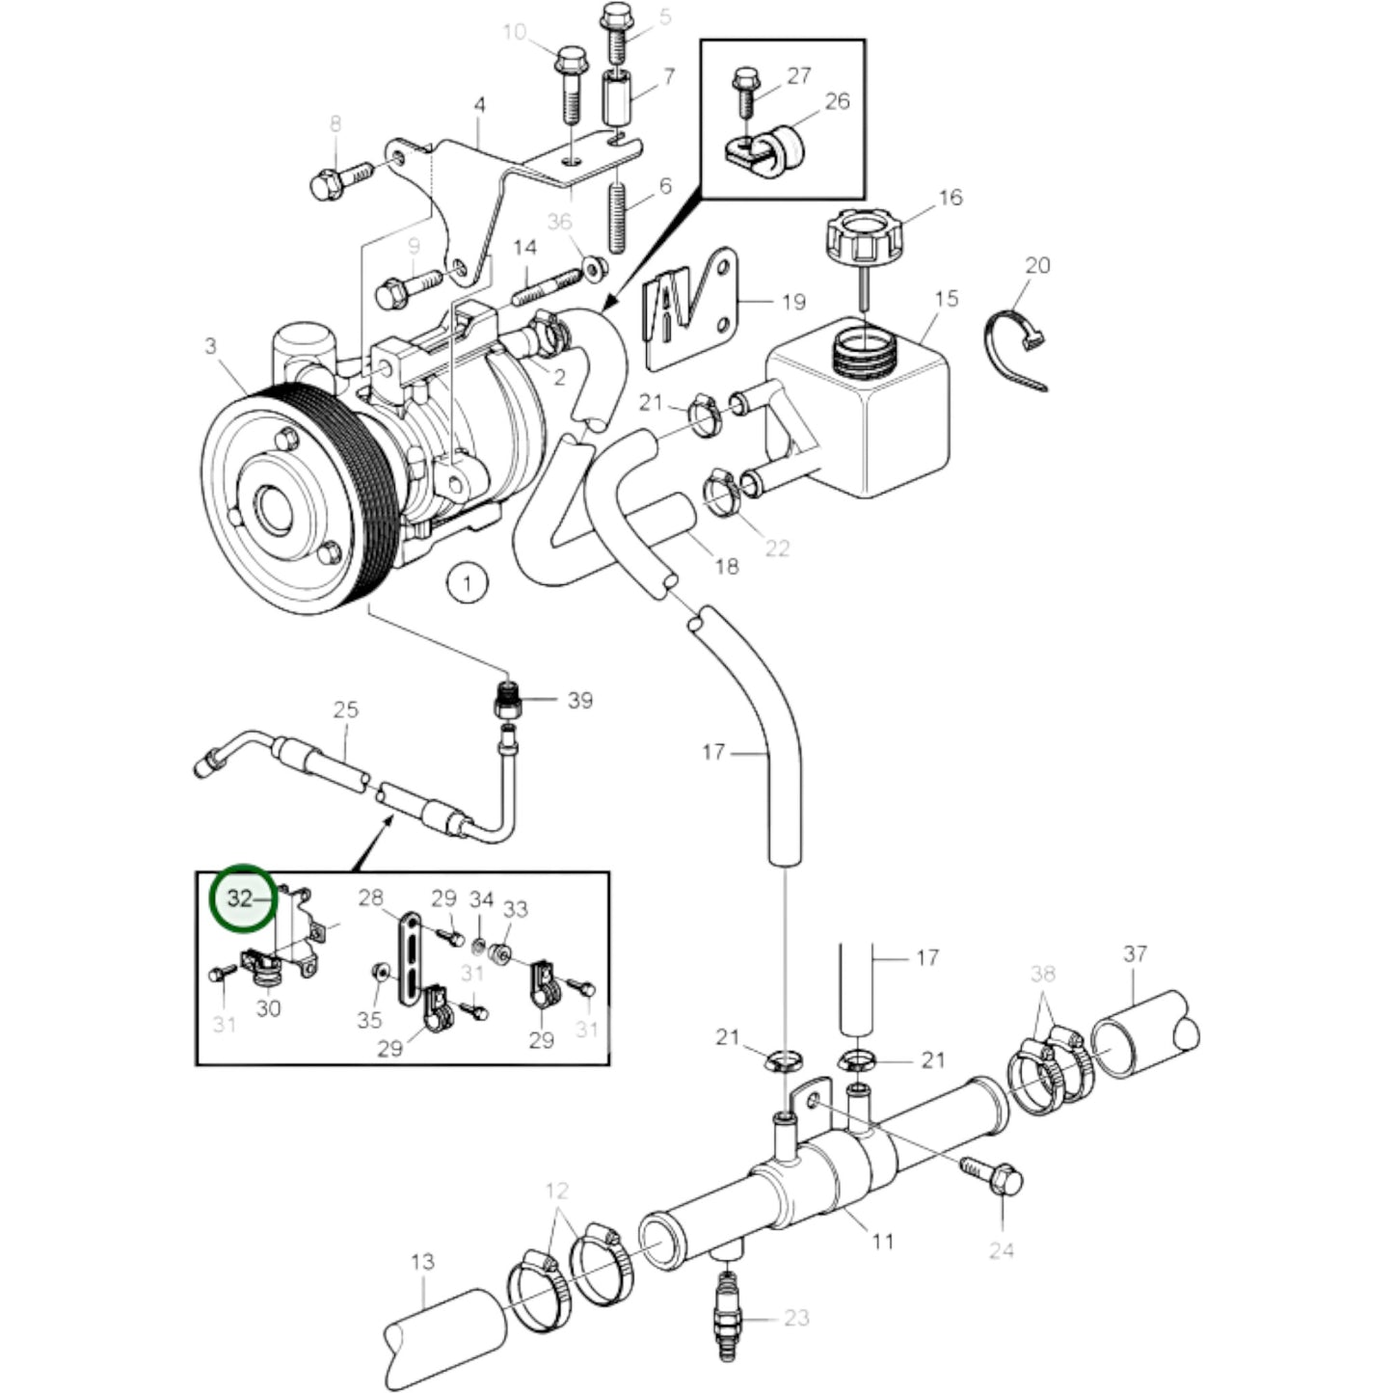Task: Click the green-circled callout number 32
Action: [x=241, y=898]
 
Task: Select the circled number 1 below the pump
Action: [x=468, y=583]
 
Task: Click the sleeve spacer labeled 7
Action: [x=616, y=101]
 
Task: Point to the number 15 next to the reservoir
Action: [x=946, y=299]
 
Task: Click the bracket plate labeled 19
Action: [x=692, y=308]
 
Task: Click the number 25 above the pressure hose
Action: [x=345, y=710]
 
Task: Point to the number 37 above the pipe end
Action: [x=1135, y=953]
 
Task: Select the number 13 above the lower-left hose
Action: [x=422, y=1262]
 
